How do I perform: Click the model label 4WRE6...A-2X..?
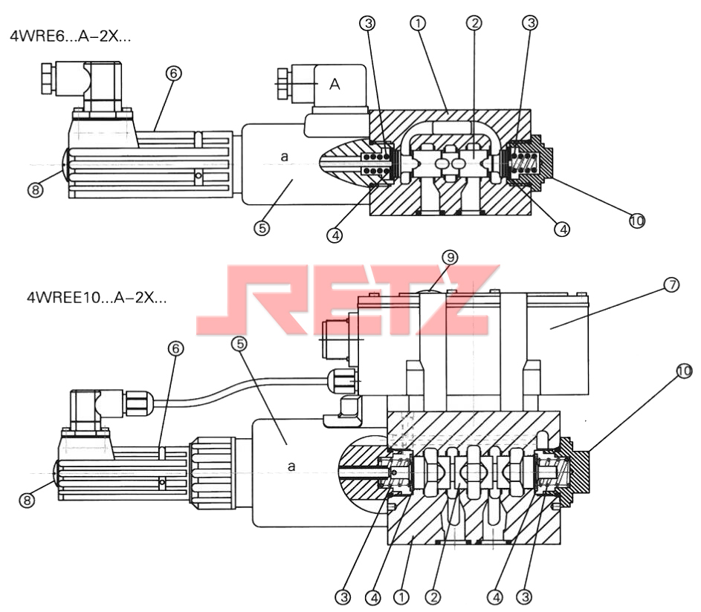pos(70,36)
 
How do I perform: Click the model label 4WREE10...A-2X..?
pos(97,297)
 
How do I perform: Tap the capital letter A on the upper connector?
pos(335,84)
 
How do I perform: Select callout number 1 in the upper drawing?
pos(418,23)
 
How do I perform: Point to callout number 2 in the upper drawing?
pos(474,23)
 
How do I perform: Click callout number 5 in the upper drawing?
pos(262,228)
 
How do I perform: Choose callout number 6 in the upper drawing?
pos(174,74)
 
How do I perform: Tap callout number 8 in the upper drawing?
pos(36,190)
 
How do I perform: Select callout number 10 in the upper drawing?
pos(637,221)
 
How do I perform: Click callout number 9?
pos(450,257)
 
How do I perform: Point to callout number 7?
pos(671,284)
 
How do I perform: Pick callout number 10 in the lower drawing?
pos(684,371)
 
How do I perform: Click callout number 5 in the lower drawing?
pos(239,344)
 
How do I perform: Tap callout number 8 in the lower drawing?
pos(27,500)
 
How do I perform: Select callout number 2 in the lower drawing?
pos(433,597)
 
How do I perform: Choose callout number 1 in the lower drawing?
pos(401,597)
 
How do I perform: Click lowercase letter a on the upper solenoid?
pos(284,157)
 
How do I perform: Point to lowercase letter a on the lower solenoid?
pos(291,466)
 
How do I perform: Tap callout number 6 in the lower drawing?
pos(175,348)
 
